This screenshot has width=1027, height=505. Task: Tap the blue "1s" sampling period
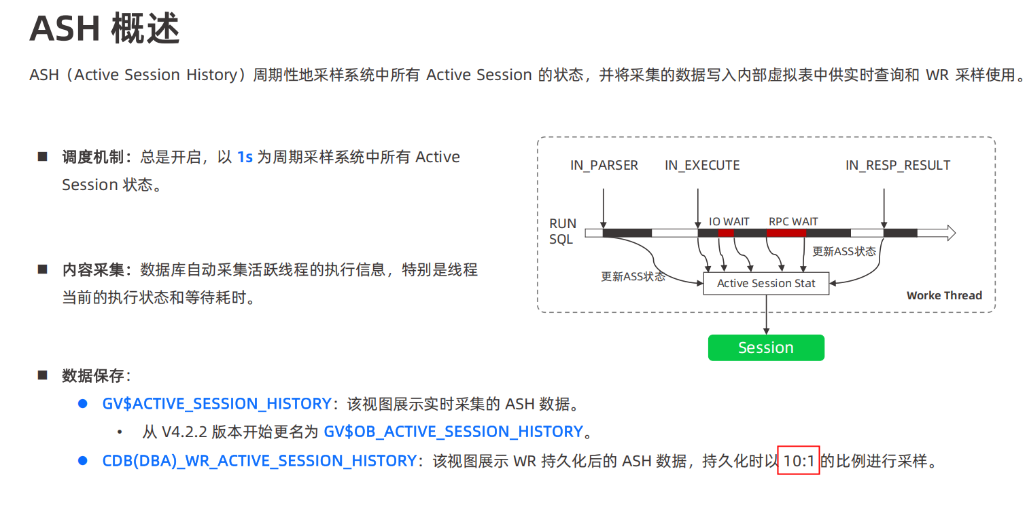click(245, 157)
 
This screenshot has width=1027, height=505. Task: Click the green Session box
click(766, 348)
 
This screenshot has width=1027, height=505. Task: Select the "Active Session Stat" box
click(766, 284)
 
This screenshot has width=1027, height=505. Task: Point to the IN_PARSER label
click(604, 166)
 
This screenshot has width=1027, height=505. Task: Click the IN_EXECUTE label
click(702, 166)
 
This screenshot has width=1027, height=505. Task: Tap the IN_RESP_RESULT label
click(897, 166)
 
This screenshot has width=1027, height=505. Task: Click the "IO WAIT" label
click(729, 222)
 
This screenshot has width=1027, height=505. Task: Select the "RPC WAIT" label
click(793, 222)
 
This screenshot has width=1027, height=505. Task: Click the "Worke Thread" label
click(944, 296)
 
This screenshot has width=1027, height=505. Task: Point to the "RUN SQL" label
click(563, 231)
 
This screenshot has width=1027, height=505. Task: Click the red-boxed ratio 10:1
click(799, 462)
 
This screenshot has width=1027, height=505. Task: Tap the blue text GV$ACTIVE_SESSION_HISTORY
click(216, 404)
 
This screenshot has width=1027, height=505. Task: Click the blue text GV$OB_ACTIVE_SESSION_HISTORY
click(453, 432)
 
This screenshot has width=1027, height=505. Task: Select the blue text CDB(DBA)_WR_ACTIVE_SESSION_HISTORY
click(259, 462)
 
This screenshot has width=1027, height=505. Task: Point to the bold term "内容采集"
click(93, 270)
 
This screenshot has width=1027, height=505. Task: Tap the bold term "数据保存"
click(93, 375)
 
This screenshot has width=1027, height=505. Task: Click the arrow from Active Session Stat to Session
click(767, 315)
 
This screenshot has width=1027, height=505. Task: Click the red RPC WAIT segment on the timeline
click(786, 233)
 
